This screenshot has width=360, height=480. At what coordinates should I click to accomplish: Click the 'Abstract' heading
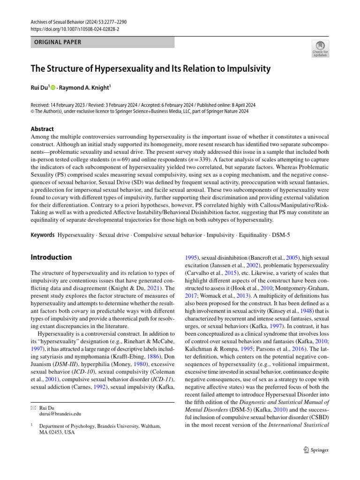[x=42, y=129]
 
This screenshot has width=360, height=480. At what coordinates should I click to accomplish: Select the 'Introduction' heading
[x=51, y=257]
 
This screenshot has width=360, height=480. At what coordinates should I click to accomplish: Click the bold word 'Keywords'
[x=42, y=234]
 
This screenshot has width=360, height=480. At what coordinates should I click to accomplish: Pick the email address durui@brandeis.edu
[x=60, y=414]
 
